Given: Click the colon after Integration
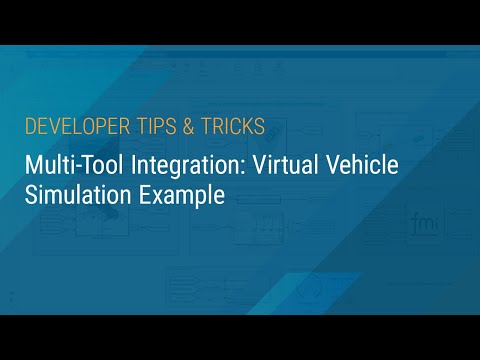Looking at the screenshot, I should pos(228,166).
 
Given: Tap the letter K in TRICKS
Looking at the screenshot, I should pos(246,127).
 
